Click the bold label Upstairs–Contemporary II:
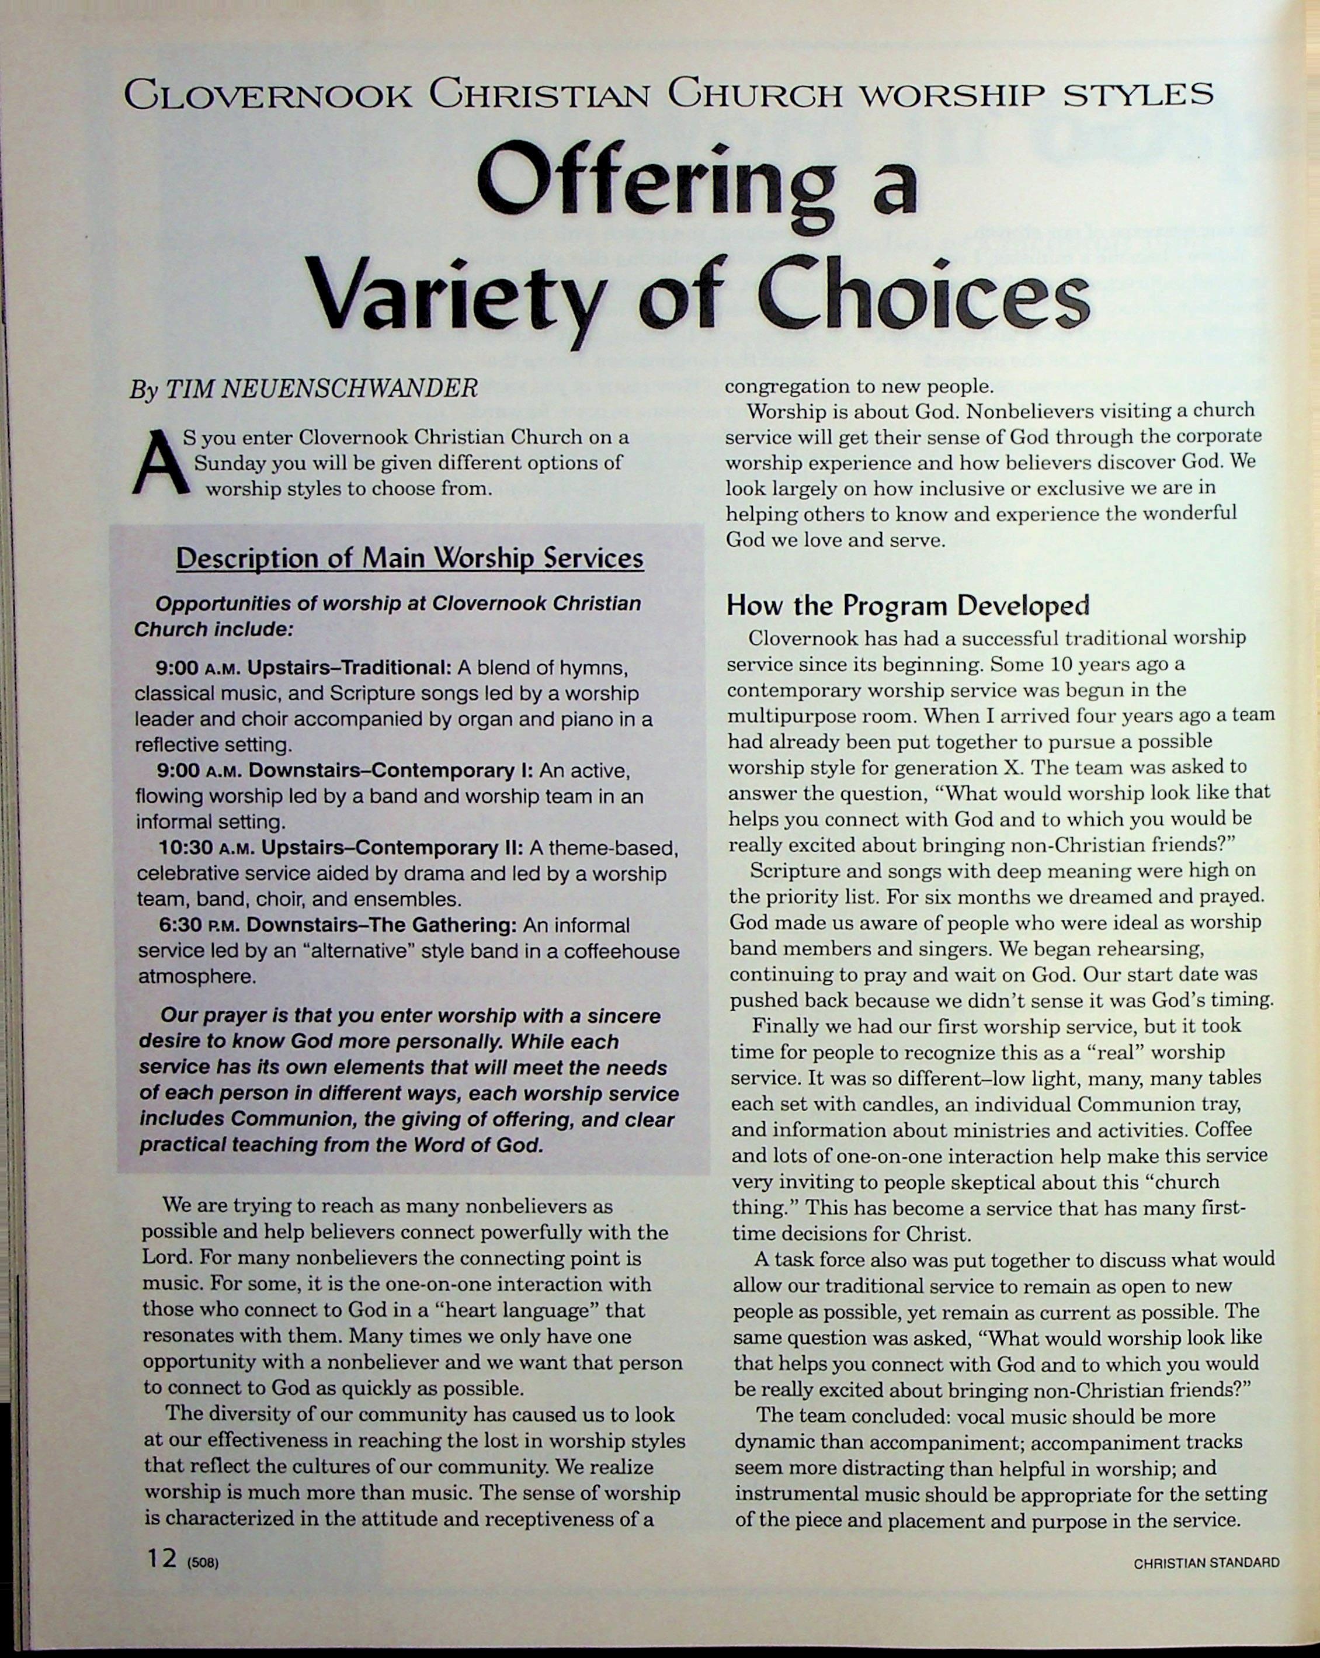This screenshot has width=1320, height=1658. [x=392, y=848]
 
